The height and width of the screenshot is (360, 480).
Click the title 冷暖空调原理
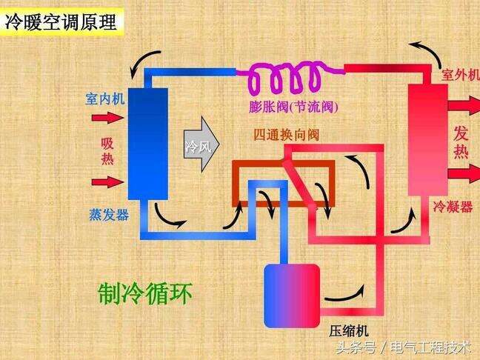coord(61,22)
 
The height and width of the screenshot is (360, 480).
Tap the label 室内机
coord(104,99)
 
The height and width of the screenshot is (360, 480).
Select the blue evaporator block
coord(148,144)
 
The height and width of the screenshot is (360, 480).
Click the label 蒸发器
coord(109,215)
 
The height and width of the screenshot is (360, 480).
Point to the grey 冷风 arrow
coord(201,144)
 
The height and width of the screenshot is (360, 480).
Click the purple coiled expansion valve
coord(291,76)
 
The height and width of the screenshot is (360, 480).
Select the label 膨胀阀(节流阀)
coord(293,107)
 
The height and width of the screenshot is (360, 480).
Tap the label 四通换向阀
coord(287,135)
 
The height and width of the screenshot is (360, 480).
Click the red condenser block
coord(428,140)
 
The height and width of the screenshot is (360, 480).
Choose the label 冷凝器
coord(453,207)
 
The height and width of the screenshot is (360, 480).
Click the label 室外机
coord(460,75)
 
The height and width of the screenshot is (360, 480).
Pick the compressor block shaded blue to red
coord(292,296)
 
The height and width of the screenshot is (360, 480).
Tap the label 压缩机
coord(349,331)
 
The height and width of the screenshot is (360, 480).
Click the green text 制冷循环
coord(144,293)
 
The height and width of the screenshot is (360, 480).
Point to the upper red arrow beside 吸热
coord(107,118)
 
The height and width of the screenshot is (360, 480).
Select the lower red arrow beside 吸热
coord(107,182)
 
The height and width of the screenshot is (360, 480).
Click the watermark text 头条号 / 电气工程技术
coord(404,347)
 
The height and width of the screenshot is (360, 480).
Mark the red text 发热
coord(461,142)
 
